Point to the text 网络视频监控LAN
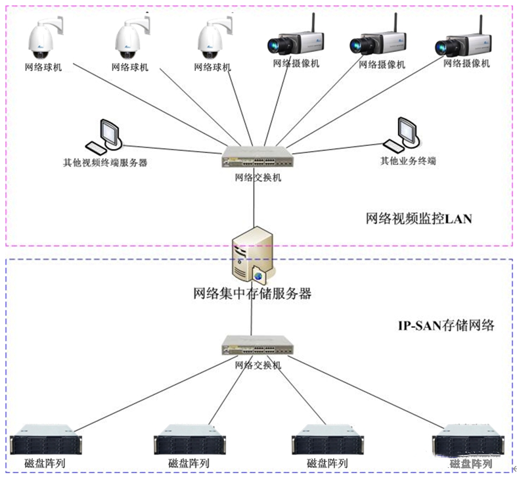418,219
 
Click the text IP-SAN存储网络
446,325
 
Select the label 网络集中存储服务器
252,294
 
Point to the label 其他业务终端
409,161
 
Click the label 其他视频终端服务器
105,162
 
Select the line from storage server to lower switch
252,319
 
